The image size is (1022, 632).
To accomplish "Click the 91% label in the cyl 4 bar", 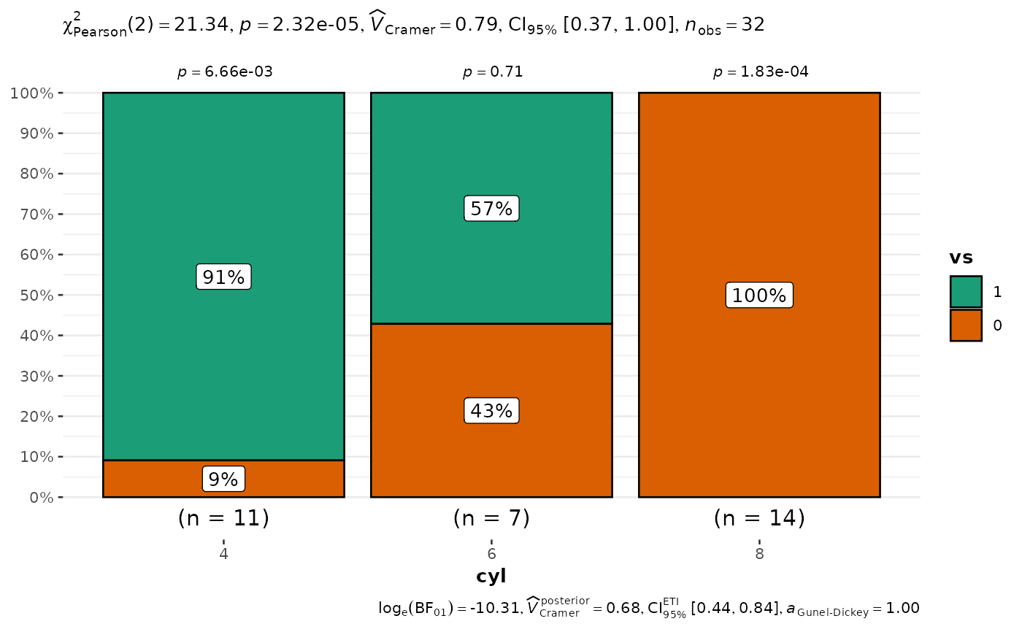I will tap(223, 277).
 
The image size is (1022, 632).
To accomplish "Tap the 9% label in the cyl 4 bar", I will tap(223, 479).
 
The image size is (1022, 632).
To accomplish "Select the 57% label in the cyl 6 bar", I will tap(491, 209).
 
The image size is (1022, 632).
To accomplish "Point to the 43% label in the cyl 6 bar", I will tap(491, 411).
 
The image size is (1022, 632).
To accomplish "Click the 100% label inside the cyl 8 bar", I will tap(759, 296).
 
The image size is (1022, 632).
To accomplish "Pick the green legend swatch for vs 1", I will tap(966, 292).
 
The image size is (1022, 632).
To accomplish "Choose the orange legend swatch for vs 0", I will tap(966, 325).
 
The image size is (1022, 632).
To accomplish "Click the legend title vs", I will tap(961, 258).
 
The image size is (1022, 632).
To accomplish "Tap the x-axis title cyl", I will tap(491, 576).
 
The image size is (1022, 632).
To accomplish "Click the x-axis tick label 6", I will tap(491, 553).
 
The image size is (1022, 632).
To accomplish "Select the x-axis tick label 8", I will tap(759, 553).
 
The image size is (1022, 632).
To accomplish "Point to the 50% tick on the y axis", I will tap(31, 296).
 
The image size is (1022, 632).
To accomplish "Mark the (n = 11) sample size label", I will tap(223, 518).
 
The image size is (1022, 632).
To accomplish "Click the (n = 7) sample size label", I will tap(491, 518).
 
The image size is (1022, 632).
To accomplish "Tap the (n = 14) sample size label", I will tap(759, 518).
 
